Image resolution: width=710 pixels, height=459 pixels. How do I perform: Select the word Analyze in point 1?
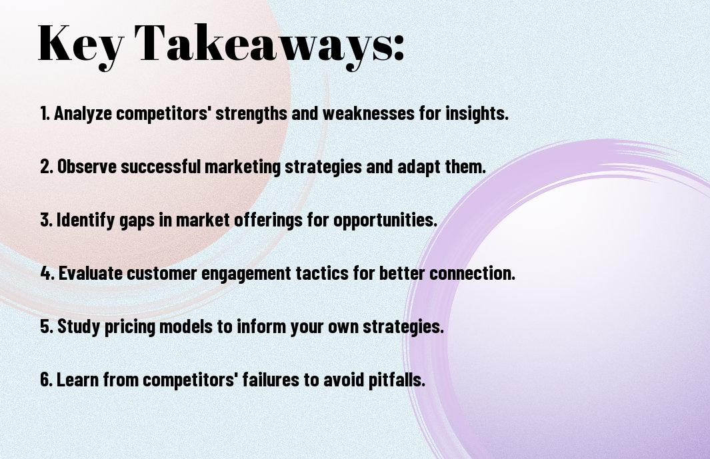(83, 113)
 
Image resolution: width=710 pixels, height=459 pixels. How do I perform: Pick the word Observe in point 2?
(87, 166)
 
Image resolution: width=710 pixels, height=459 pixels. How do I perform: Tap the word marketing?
(243, 167)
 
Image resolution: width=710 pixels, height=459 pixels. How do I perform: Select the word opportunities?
(385, 220)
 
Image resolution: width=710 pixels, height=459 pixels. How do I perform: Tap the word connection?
(472, 273)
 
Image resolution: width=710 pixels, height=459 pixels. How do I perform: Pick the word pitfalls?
(397, 380)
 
